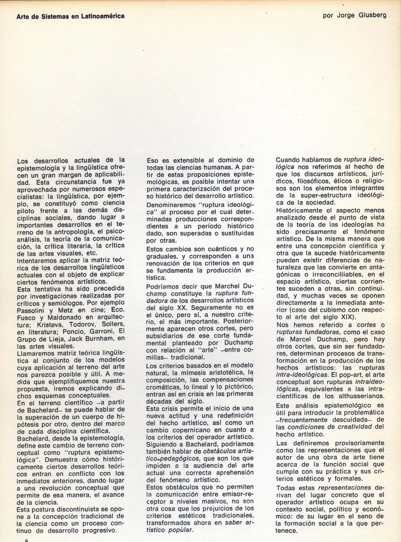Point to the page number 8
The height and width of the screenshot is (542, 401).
(x=27, y=540)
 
